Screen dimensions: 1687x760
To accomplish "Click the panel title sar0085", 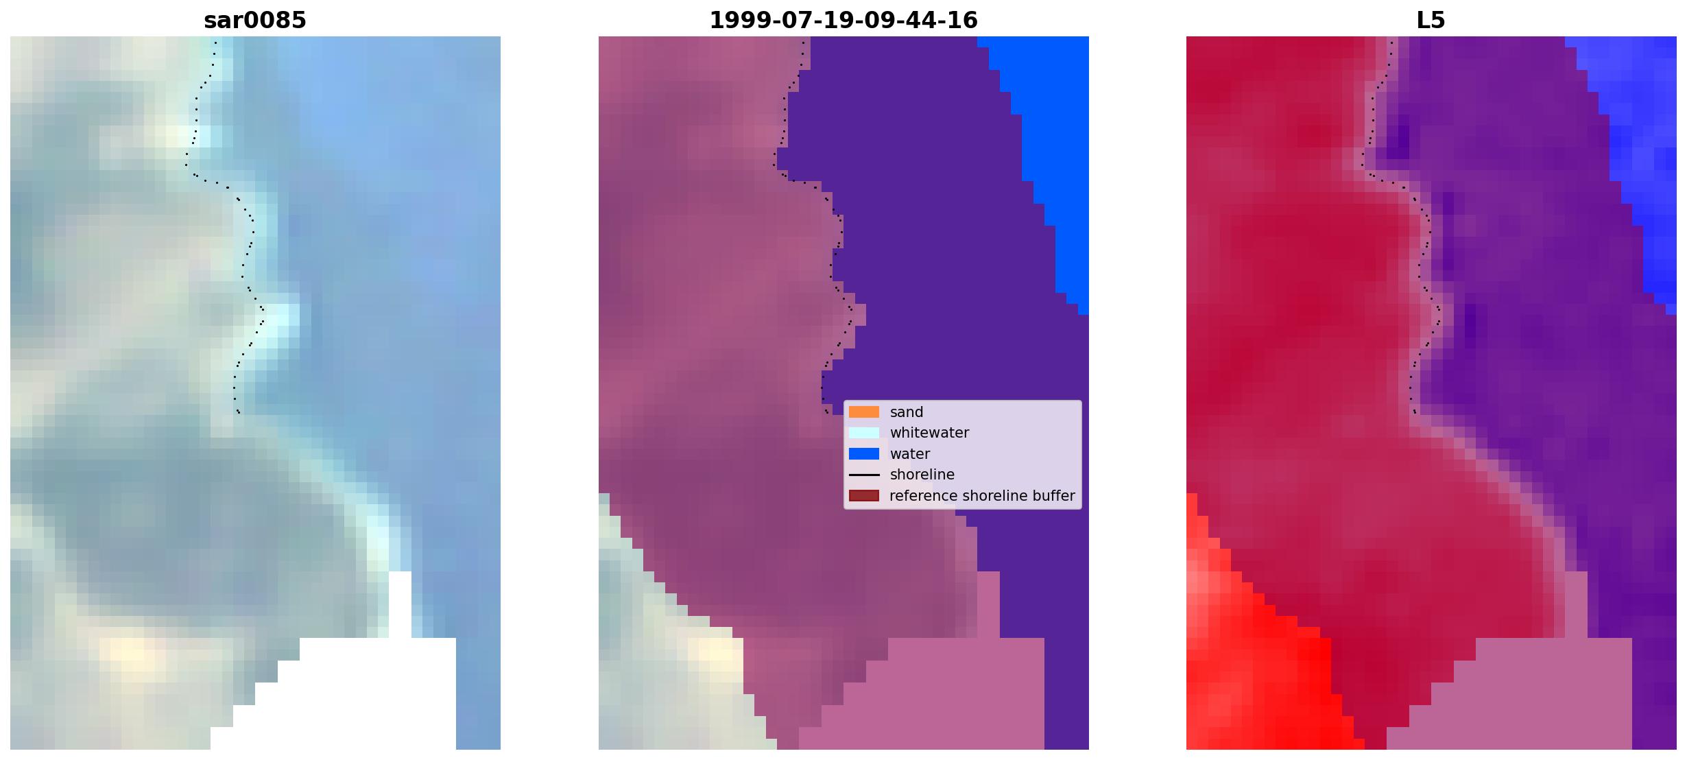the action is (x=255, y=21).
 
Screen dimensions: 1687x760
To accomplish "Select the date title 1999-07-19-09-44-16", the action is (x=843, y=21).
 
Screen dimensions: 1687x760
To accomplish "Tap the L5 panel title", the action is (x=1431, y=21).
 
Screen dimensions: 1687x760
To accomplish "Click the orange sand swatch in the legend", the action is (x=864, y=412).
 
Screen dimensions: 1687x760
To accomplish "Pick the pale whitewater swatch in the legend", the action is (x=864, y=433).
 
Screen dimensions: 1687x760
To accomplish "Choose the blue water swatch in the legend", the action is (x=864, y=454).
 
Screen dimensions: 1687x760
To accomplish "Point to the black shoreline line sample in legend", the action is (x=864, y=475).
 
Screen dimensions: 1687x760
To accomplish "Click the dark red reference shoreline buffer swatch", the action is (x=864, y=496).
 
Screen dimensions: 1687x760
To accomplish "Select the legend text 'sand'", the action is (x=907, y=412).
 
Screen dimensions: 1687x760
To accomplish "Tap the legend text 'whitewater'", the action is (x=929, y=433).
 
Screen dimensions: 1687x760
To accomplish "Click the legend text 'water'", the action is (x=910, y=454).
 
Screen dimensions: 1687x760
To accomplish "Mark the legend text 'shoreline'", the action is (x=922, y=475).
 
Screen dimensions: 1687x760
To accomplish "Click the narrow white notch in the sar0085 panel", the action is (x=400, y=604).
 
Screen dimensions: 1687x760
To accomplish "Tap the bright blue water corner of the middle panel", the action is (x=1049, y=137).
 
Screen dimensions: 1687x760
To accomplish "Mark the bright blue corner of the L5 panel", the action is (x=1639, y=137).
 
